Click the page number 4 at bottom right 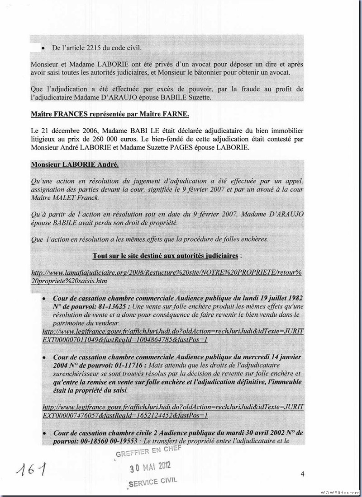coord(303,474)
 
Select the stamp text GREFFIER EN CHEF coord(148,450)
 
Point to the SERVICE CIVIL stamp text coord(152,482)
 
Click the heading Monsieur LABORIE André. coord(75,165)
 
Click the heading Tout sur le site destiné coord(165,256)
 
